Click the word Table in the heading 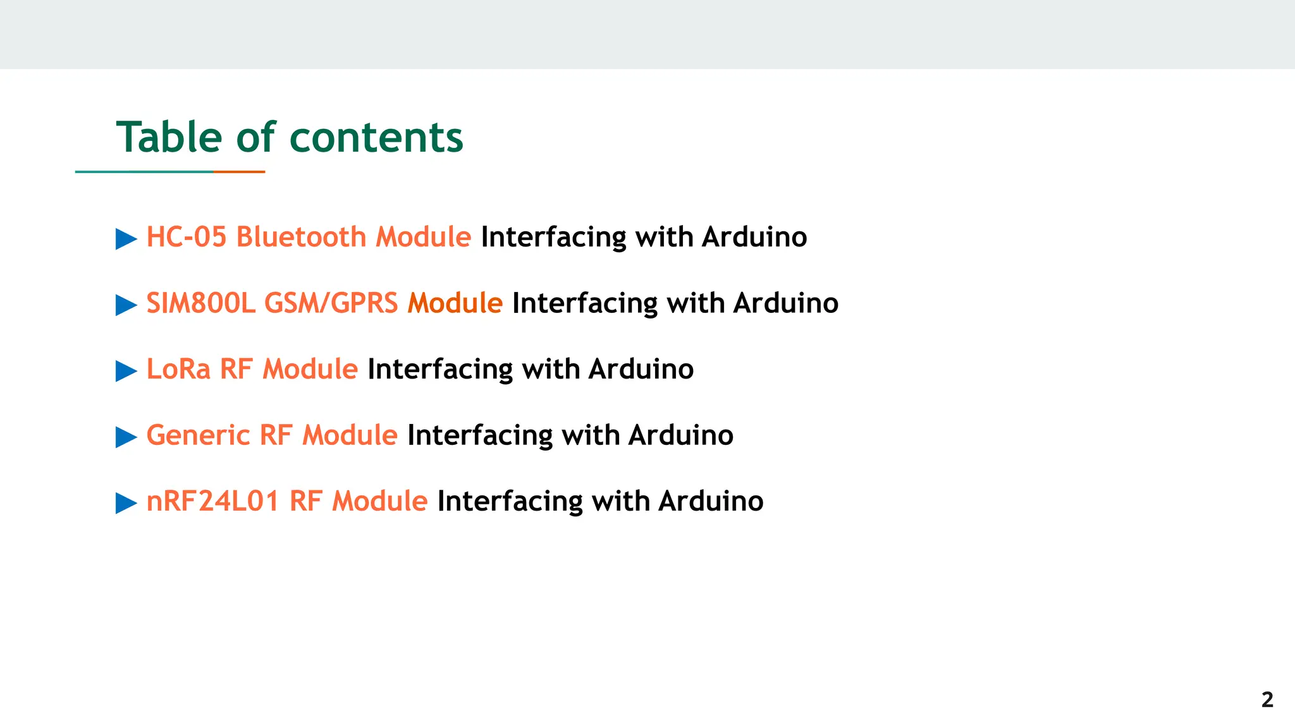pyautogui.click(x=169, y=137)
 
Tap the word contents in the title pyautogui.click(x=376, y=137)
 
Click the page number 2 pyautogui.click(x=1267, y=700)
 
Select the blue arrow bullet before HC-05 pyautogui.click(x=126, y=239)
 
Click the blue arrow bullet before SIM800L pyautogui.click(x=126, y=305)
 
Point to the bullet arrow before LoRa pyautogui.click(x=126, y=371)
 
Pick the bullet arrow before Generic pyautogui.click(x=126, y=437)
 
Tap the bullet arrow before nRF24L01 pyautogui.click(x=126, y=503)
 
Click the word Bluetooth pyautogui.click(x=301, y=237)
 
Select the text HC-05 pyautogui.click(x=186, y=237)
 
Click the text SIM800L pyautogui.click(x=200, y=303)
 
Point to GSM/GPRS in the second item pyautogui.click(x=331, y=303)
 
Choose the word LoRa pyautogui.click(x=178, y=369)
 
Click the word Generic pyautogui.click(x=198, y=435)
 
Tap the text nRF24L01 pyautogui.click(x=212, y=501)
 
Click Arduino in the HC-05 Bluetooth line pyautogui.click(x=754, y=237)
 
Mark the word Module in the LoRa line pyautogui.click(x=310, y=369)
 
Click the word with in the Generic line pyautogui.click(x=590, y=435)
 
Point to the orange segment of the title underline pyautogui.click(x=239, y=171)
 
